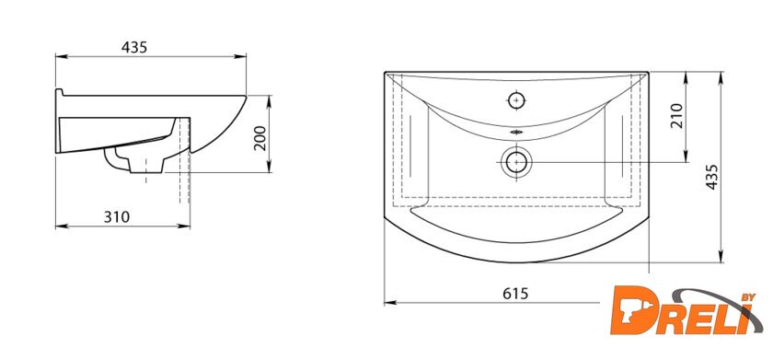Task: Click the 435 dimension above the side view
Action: click(134, 47)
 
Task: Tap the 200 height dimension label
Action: click(260, 138)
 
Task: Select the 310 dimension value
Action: click(117, 217)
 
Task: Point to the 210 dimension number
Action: click(677, 116)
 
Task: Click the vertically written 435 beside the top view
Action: click(711, 177)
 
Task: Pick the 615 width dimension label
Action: click(515, 294)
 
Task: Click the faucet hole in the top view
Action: click(516, 100)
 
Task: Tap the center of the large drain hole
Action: click(516, 162)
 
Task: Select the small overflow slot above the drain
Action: click(516, 133)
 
